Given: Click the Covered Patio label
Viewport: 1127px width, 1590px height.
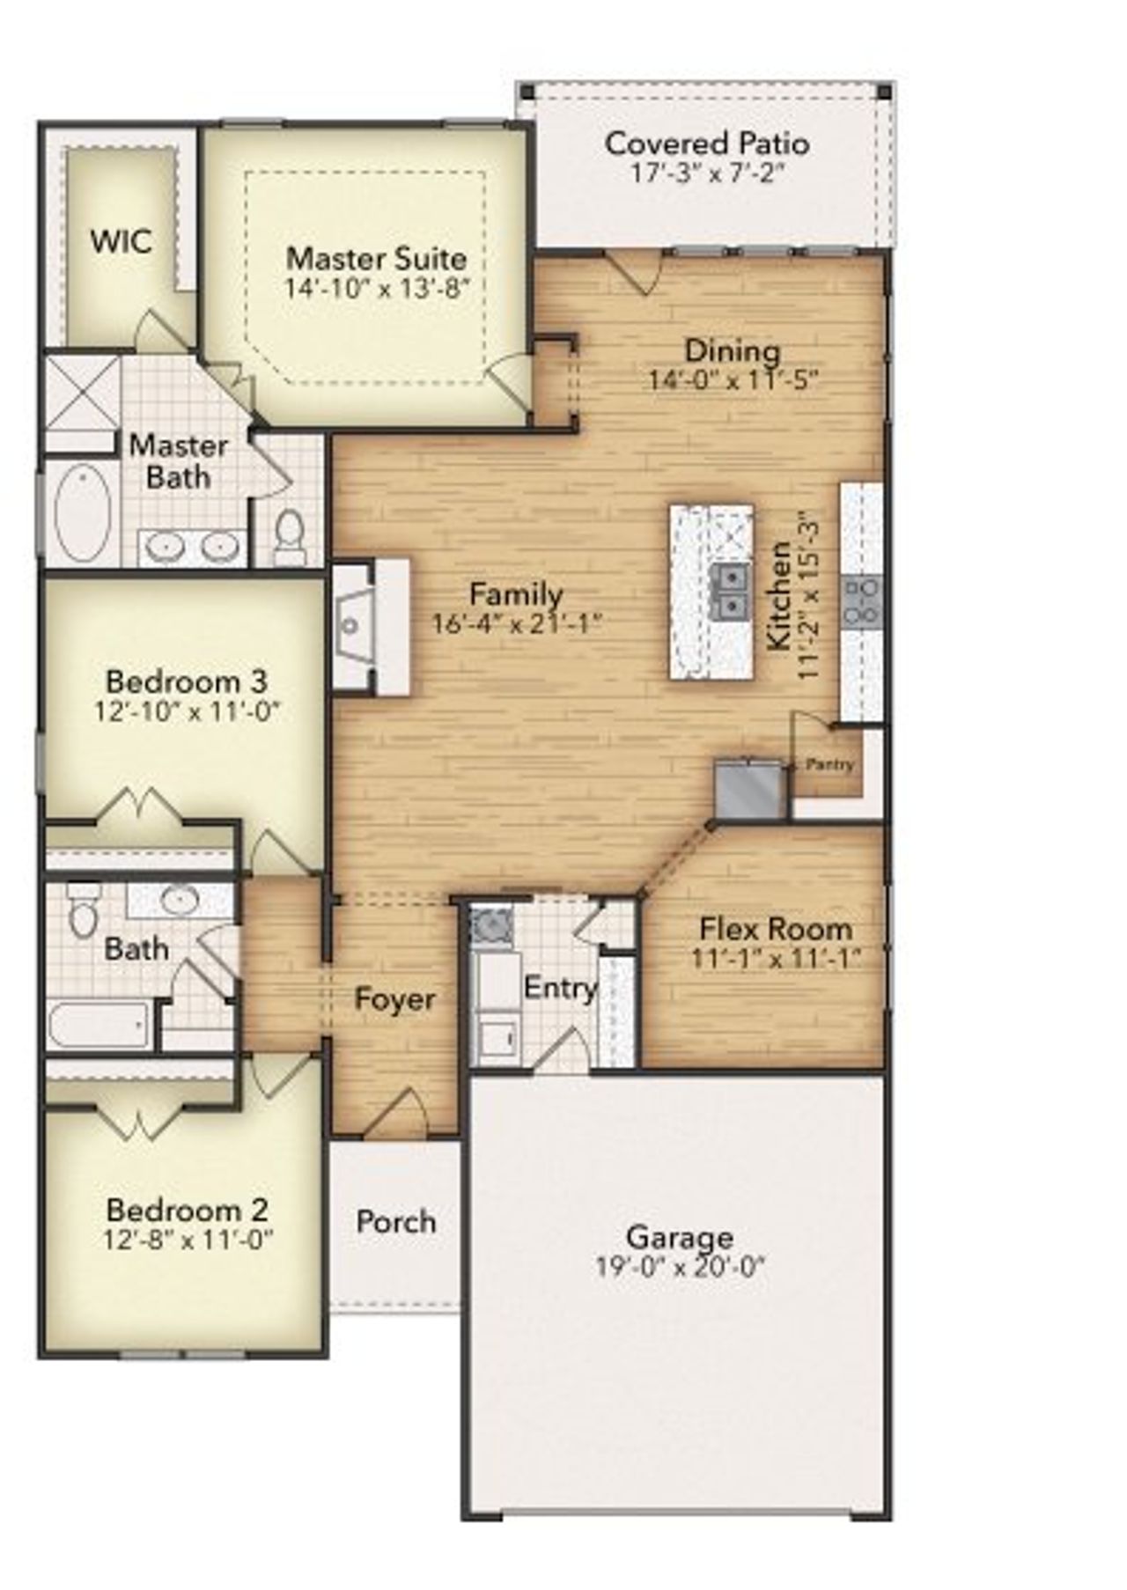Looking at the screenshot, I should click(707, 144).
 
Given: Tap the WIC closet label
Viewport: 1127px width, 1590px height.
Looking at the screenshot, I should click(121, 241).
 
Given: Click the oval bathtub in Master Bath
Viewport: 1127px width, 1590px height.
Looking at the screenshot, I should click(82, 513).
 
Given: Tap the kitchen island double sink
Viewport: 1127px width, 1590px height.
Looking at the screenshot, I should click(730, 591).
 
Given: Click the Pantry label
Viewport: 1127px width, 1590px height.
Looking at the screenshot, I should click(829, 764).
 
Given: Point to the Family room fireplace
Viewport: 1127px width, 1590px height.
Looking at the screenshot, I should click(370, 626).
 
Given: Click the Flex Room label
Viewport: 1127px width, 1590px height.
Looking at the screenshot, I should click(775, 929).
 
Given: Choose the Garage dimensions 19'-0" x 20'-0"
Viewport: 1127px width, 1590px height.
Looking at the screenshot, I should click(680, 1267).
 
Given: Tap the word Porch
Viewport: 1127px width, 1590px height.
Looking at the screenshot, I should click(396, 1222).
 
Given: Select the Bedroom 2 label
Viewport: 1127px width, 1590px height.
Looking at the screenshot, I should click(187, 1210).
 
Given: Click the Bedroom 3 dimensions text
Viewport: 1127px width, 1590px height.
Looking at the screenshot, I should click(187, 711).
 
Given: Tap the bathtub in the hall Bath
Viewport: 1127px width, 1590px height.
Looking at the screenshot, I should click(99, 1025).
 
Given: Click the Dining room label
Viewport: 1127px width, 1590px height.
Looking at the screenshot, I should click(733, 350).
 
